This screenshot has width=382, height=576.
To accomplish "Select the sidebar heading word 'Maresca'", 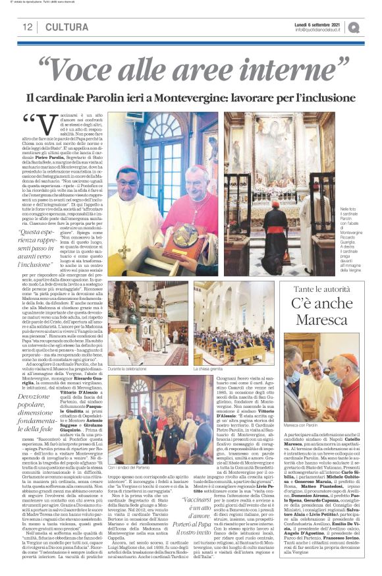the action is click(x=321, y=320).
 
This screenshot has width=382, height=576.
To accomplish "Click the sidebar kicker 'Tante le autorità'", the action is click(x=321, y=290).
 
